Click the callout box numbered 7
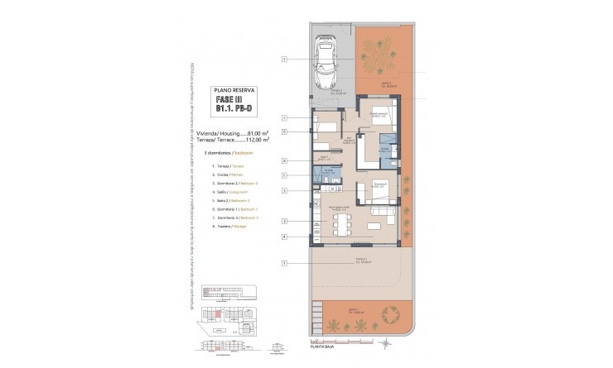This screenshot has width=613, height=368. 284,118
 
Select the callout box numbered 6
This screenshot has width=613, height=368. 284,131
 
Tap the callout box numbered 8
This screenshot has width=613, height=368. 284,160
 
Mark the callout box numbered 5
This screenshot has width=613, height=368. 284,175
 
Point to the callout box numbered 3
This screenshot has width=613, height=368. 284,191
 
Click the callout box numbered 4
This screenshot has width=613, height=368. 284,237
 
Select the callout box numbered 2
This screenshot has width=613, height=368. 284,221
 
